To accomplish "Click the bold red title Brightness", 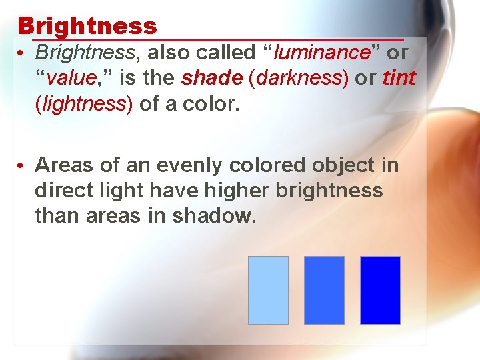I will point(87,26).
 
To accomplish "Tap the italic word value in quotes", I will point(71,78).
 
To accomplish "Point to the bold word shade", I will point(212,78).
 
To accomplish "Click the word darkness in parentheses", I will point(299,78).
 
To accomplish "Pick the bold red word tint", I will point(399,78).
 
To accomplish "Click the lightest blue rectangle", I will point(268,290).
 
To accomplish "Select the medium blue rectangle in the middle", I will point(324,290).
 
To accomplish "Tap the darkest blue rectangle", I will point(380,290).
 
